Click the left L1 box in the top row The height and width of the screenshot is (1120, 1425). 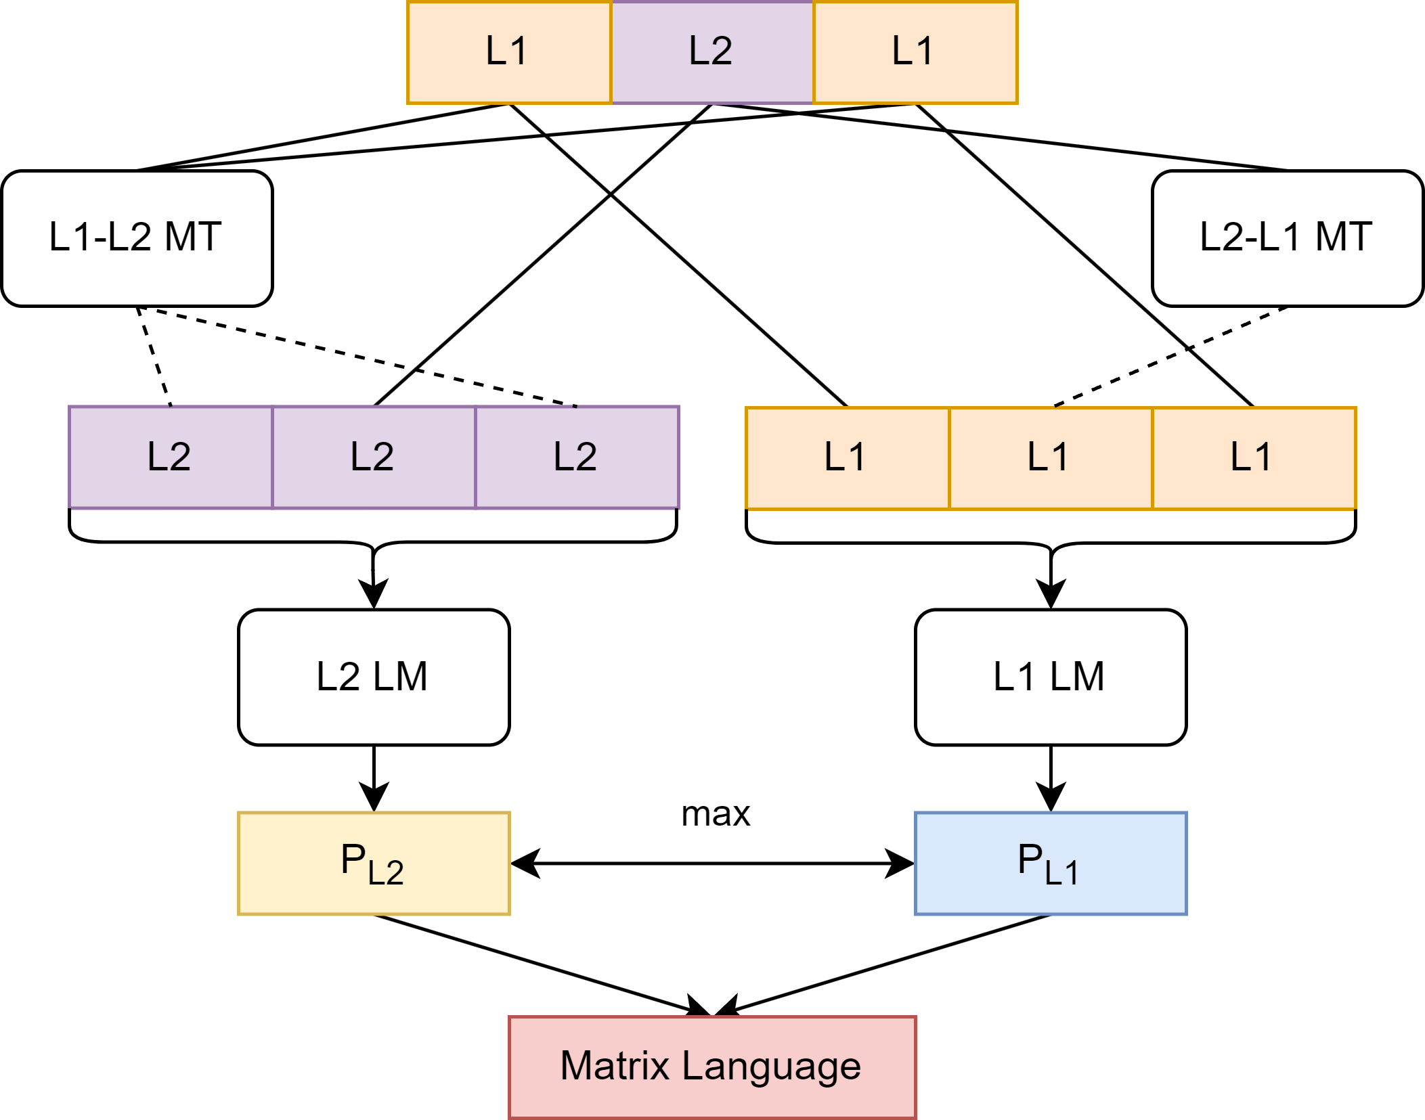(x=509, y=52)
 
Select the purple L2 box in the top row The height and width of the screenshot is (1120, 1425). (x=712, y=52)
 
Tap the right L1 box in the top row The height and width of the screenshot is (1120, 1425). (x=915, y=52)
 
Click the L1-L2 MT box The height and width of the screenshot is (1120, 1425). (x=137, y=238)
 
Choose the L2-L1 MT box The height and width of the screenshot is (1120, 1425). (x=1288, y=238)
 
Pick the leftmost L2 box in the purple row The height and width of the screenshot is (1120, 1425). (x=171, y=457)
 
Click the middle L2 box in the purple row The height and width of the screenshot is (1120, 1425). (x=374, y=457)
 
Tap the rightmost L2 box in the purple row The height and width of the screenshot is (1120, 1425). (x=577, y=457)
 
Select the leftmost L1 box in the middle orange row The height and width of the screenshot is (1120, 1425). (x=848, y=457)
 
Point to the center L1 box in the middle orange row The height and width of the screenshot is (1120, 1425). (x=1051, y=457)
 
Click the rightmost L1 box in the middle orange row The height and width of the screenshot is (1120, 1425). (x=1254, y=457)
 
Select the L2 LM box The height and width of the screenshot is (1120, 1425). (x=374, y=677)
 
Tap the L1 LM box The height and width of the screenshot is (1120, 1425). (x=1051, y=677)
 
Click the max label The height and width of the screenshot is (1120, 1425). (x=716, y=813)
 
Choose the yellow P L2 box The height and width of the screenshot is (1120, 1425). (x=374, y=863)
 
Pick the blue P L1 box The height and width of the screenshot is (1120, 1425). (x=1051, y=863)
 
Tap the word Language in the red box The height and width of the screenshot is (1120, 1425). (x=771, y=1067)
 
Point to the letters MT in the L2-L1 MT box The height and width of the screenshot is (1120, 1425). (x=1343, y=237)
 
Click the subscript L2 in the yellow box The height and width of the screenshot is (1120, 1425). (x=386, y=872)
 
